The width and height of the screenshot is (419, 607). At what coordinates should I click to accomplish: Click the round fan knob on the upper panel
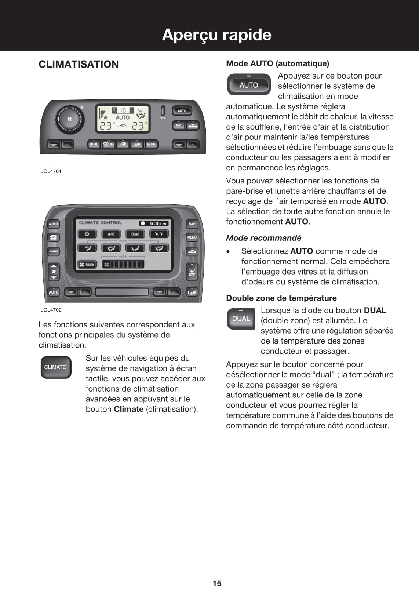point(69,119)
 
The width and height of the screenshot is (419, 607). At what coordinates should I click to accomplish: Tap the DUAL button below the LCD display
point(94,144)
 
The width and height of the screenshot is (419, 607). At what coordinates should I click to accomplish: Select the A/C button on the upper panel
point(178,126)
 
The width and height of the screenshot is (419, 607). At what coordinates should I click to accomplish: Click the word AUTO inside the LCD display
point(123,117)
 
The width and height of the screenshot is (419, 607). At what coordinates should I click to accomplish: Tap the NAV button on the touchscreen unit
point(192,224)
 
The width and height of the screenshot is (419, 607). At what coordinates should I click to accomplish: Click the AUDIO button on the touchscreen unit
point(53,224)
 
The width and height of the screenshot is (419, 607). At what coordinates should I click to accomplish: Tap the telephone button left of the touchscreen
point(53,237)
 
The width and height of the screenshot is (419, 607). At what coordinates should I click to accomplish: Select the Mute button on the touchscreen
point(87,264)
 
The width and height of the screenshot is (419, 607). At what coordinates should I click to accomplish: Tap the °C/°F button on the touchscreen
point(159,234)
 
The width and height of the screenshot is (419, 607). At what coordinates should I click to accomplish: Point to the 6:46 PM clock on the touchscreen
point(154,223)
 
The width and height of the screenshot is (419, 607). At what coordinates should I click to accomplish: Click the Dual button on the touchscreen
point(135,234)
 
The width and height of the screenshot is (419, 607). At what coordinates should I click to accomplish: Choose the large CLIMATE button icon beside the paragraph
point(55,367)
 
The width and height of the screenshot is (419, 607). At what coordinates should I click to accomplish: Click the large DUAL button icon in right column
point(241,319)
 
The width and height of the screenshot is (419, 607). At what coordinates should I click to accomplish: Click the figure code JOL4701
point(51,171)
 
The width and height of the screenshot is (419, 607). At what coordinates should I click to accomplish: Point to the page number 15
point(217,583)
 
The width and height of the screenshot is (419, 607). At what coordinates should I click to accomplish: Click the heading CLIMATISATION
point(79,64)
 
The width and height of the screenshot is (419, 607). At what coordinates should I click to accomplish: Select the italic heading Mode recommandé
point(263,238)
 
